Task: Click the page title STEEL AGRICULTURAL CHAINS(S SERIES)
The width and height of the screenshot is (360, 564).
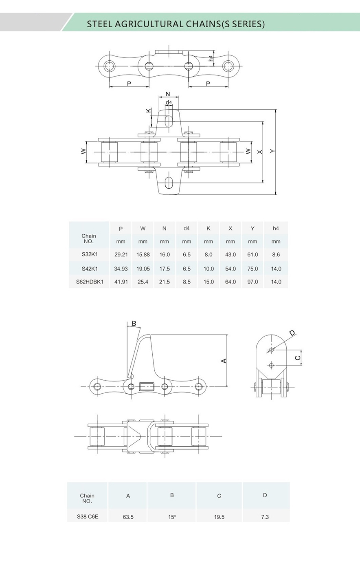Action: click(176, 24)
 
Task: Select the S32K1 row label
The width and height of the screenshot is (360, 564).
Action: click(89, 254)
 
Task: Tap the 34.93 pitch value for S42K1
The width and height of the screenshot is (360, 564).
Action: click(121, 269)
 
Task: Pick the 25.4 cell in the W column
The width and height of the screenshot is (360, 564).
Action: click(143, 282)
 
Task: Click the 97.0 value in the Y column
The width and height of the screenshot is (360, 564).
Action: click(252, 282)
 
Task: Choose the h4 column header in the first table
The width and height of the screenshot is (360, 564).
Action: click(276, 229)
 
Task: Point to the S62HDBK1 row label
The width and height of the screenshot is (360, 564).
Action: click(90, 282)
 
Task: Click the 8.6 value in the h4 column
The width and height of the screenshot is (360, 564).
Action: click(276, 254)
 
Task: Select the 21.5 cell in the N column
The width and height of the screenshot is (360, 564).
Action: click(165, 282)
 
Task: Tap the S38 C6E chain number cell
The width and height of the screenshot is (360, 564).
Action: click(88, 516)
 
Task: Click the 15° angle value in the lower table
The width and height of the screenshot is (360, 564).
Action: click(172, 517)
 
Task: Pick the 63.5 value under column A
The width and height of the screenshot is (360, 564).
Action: click(128, 517)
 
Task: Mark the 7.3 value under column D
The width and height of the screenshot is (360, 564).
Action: click(265, 517)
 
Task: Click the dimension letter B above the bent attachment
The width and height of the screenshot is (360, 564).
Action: click(134, 324)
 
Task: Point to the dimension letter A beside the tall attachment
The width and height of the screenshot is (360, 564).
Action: click(224, 361)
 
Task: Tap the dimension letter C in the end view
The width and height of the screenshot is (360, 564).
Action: click(298, 358)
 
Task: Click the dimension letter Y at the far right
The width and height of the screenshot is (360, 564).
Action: click(272, 151)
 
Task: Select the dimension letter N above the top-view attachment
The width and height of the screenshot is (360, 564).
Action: click(168, 94)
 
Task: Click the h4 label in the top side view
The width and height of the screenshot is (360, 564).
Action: click(211, 58)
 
